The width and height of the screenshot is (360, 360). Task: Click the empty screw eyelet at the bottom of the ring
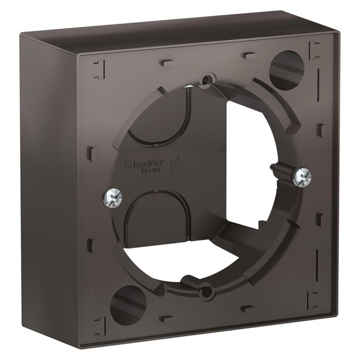click(206, 291)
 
